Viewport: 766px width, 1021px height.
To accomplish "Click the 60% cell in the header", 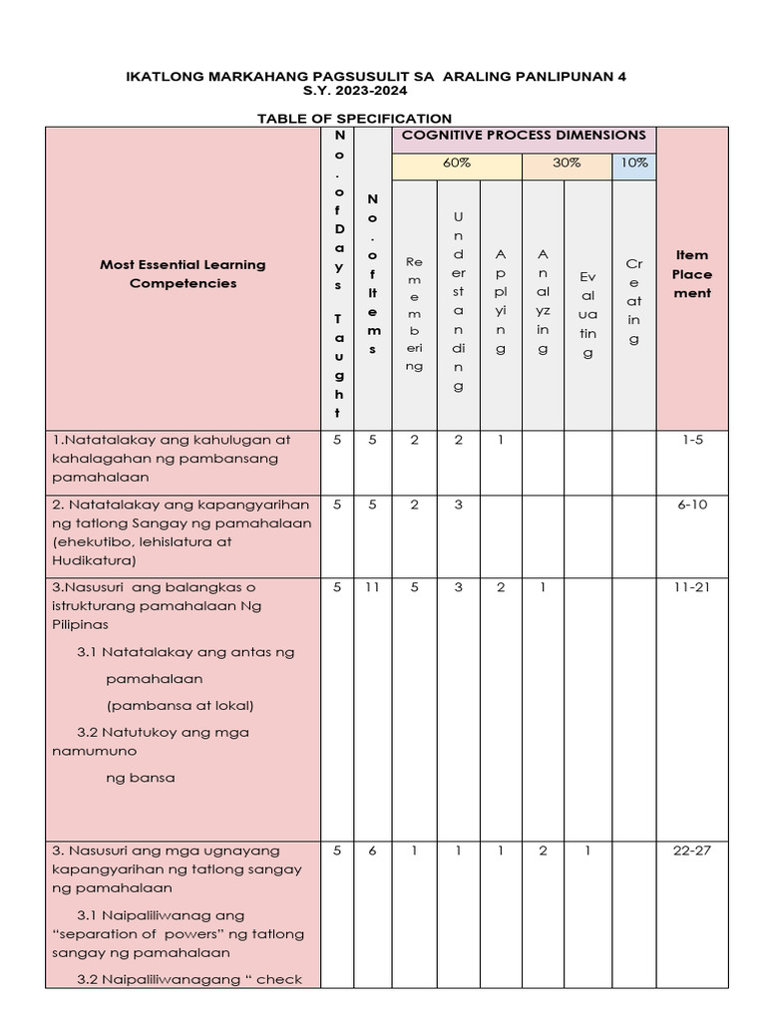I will tap(457, 163).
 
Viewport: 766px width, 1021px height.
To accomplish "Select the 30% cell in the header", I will tap(567, 163).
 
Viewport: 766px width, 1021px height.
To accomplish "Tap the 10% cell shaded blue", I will tap(634, 163).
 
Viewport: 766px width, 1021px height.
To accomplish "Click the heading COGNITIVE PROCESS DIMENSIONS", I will tap(523, 135).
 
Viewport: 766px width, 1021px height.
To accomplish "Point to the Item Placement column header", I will tap(691, 274).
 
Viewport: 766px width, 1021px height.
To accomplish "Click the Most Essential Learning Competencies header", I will tap(183, 274).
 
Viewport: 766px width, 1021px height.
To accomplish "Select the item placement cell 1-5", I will tap(691, 440).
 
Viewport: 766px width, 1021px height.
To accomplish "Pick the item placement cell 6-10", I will tap(691, 505).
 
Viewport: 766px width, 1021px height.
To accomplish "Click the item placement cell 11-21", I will tap(691, 588).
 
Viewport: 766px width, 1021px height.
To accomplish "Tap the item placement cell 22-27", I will tap(691, 851).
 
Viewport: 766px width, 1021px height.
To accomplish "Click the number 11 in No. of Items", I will tap(372, 588).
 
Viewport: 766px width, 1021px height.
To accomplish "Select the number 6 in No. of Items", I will tap(372, 851).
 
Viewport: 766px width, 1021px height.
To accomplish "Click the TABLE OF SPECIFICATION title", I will tap(354, 118).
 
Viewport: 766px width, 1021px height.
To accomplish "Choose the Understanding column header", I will tap(458, 300).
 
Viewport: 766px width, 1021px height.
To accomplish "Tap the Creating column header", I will tap(634, 300).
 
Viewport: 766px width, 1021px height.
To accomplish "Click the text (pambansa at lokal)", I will tap(181, 705).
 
